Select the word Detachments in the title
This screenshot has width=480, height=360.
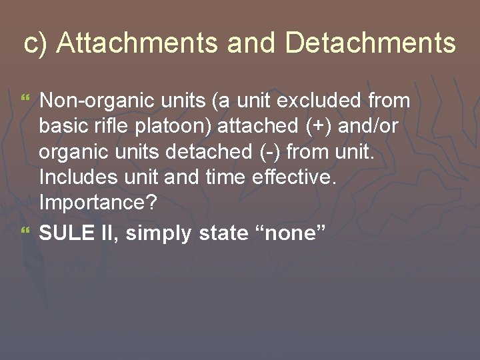(x=371, y=43)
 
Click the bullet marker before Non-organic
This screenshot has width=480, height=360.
(x=27, y=100)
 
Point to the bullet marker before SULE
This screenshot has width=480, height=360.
(x=27, y=230)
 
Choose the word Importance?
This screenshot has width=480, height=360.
(x=98, y=203)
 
